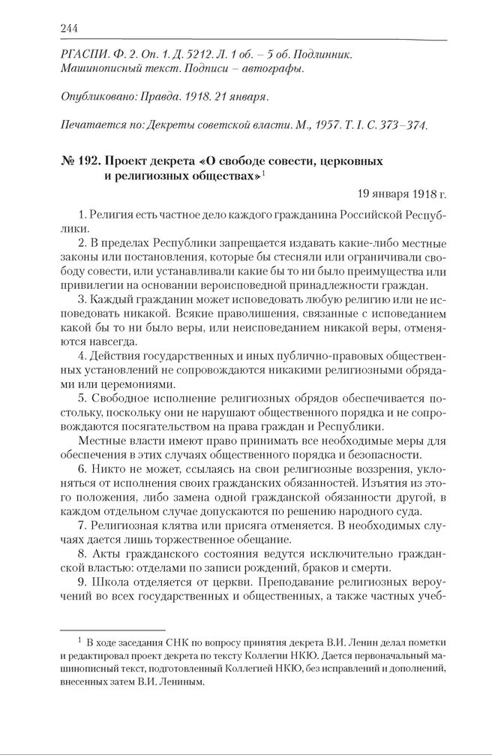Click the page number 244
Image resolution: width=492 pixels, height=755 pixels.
click(69, 29)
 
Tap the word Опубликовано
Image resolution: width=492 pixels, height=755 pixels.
click(95, 98)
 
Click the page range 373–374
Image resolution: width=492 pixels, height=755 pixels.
click(404, 125)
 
